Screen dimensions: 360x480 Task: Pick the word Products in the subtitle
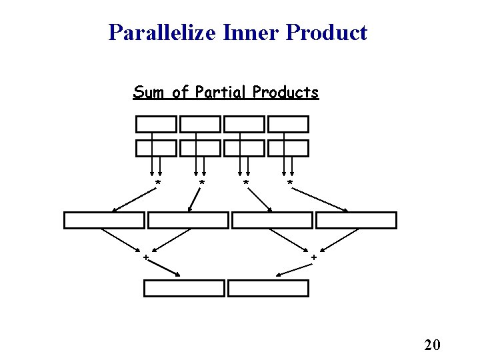tap(285, 92)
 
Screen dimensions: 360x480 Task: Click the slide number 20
tap(432, 345)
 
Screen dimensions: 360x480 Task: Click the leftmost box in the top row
tap(157, 124)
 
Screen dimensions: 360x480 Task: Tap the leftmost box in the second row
tap(157, 148)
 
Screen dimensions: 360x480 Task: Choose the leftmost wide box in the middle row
tap(104, 220)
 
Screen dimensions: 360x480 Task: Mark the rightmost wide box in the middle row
tap(356, 220)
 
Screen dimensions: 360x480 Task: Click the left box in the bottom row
tap(185, 288)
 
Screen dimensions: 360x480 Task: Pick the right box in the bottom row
tap(269, 288)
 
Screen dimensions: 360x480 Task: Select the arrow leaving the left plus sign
tap(164, 267)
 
